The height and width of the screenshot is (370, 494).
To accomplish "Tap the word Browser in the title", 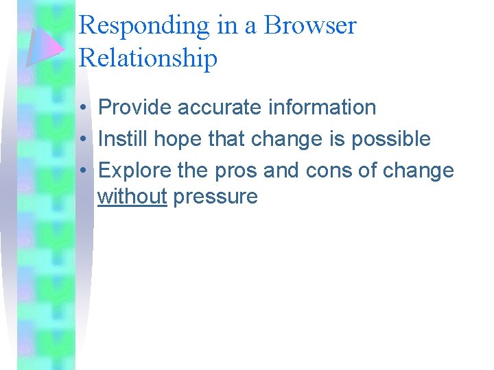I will click(310, 26).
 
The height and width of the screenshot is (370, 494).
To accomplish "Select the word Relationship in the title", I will click(148, 58).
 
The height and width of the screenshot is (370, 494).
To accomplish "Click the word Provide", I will click(135, 108).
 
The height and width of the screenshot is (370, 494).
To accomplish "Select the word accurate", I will click(218, 108).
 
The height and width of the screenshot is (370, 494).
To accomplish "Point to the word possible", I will click(391, 139).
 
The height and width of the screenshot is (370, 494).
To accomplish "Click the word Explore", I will click(134, 170).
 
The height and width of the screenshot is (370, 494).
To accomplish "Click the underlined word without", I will click(132, 197).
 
